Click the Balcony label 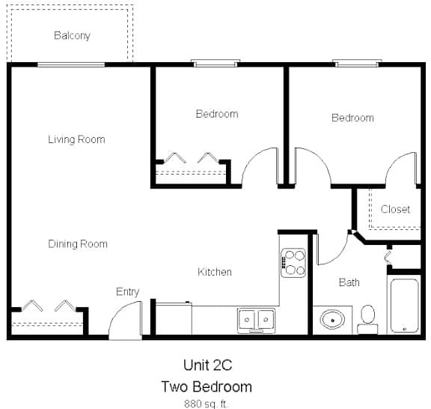click(x=72, y=35)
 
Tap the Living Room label click(x=76, y=139)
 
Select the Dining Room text click(x=78, y=244)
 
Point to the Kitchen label click(x=215, y=272)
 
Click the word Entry click(x=127, y=291)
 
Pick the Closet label click(x=395, y=209)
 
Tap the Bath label click(x=349, y=282)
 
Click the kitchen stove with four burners click(x=294, y=263)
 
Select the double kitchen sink click(x=256, y=320)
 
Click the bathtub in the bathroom click(x=405, y=306)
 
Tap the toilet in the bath click(x=367, y=317)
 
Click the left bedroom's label click(x=217, y=114)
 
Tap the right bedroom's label click(x=352, y=118)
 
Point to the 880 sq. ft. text click(x=206, y=403)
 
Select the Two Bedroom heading click(x=206, y=387)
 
